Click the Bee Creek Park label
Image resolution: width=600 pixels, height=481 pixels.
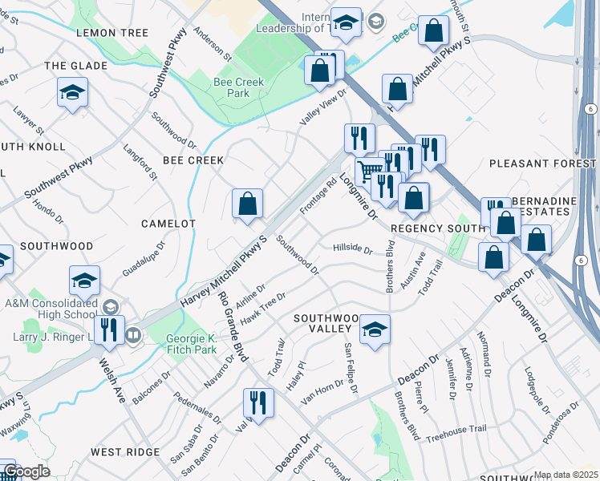pyautogui.click(x=232, y=87)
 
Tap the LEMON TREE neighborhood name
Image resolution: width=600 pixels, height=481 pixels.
pyautogui.click(x=112, y=33)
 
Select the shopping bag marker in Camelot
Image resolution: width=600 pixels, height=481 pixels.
pyautogui.click(x=248, y=204)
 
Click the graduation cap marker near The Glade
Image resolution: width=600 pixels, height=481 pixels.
pyautogui.click(x=72, y=93)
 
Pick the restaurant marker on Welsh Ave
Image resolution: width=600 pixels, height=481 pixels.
pyautogui.click(x=109, y=330)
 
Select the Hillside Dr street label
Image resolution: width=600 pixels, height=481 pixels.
pyautogui.click(x=353, y=249)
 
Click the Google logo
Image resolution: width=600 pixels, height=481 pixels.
pyautogui.click(x=26, y=471)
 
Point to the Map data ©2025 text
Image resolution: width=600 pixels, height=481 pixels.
pyautogui.click(x=566, y=475)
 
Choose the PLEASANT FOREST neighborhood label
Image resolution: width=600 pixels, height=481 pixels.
pyautogui.click(x=543, y=164)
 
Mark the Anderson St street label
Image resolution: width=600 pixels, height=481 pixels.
pyautogui.click(x=212, y=47)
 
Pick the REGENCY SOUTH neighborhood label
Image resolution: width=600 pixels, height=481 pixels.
pyautogui.click(x=437, y=228)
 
